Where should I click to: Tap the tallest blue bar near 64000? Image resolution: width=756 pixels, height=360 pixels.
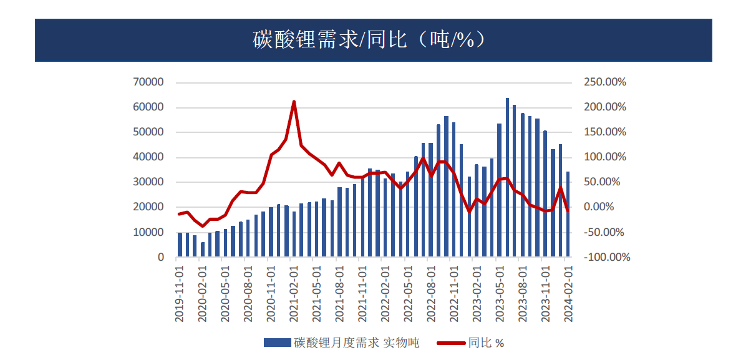(x=507, y=178)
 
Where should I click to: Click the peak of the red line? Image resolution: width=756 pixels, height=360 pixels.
(x=294, y=102)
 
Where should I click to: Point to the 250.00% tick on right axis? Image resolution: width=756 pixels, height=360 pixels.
(x=604, y=82)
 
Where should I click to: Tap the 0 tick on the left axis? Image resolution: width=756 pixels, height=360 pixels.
(x=160, y=257)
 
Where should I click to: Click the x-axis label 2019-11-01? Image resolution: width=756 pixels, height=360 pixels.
(x=180, y=292)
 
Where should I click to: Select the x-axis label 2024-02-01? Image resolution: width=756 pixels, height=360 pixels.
(x=568, y=292)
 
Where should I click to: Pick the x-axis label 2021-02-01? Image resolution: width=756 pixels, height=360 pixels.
(x=294, y=292)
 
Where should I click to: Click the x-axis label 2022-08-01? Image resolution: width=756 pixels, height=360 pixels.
(x=431, y=292)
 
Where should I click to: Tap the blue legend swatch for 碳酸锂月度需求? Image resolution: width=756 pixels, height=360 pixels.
(x=278, y=343)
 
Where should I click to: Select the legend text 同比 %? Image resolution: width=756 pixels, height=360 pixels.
(x=486, y=343)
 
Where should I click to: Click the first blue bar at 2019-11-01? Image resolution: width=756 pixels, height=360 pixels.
(x=180, y=245)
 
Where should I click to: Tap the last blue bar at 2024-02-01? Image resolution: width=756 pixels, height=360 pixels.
(x=568, y=214)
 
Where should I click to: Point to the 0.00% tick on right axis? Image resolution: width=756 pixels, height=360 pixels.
(x=604, y=207)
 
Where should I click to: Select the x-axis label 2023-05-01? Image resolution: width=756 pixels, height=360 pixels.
(x=500, y=292)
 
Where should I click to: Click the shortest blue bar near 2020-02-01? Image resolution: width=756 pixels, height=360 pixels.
(x=203, y=250)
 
